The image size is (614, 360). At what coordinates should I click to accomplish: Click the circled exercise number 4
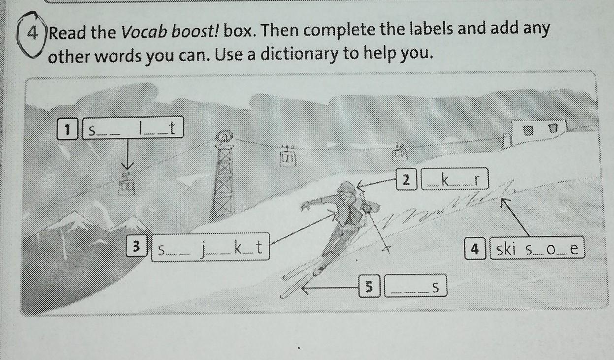click(x=32, y=33)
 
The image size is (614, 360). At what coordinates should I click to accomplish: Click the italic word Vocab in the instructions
click(x=144, y=33)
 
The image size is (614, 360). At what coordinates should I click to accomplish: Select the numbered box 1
click(x=67, y=129)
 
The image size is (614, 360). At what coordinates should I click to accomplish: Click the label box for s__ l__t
click(x=133, y=128)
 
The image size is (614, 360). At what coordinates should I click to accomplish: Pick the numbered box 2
click(x=407, y=180)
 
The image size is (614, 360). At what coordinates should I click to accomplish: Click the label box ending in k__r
click(x=455, y=179)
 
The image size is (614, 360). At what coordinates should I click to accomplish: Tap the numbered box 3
click(x=137, y=246)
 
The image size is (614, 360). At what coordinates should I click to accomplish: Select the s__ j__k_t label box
click(x=210, y=247)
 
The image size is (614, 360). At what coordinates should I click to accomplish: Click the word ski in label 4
click(x=506, y=249)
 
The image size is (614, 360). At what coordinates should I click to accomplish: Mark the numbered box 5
click(x=369, y=287)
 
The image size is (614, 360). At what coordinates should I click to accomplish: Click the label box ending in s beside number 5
click(x=416, y=286)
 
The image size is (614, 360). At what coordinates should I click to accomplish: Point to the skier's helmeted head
click(x=347, y=191)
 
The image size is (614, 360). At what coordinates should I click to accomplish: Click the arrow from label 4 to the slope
click(x=515, y=217)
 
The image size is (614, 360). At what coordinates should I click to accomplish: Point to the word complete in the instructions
click(x=339, y=30)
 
